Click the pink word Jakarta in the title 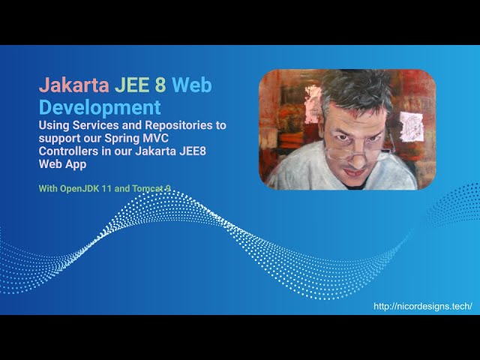[x=73, y=85]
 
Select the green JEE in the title [x=132, y=85]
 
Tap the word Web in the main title [x=192, y=85]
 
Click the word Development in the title [x=100, y=107]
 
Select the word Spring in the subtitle [x=121, y=139]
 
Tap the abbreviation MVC [x=156, y=138]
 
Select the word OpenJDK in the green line [x=79, y=188]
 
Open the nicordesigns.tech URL [x=423, y=306]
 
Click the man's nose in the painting [x=357, y=157]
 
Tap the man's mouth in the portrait [x=355, y=172]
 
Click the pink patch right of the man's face [x=412, y=127]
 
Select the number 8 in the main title [x=160, y=85]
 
